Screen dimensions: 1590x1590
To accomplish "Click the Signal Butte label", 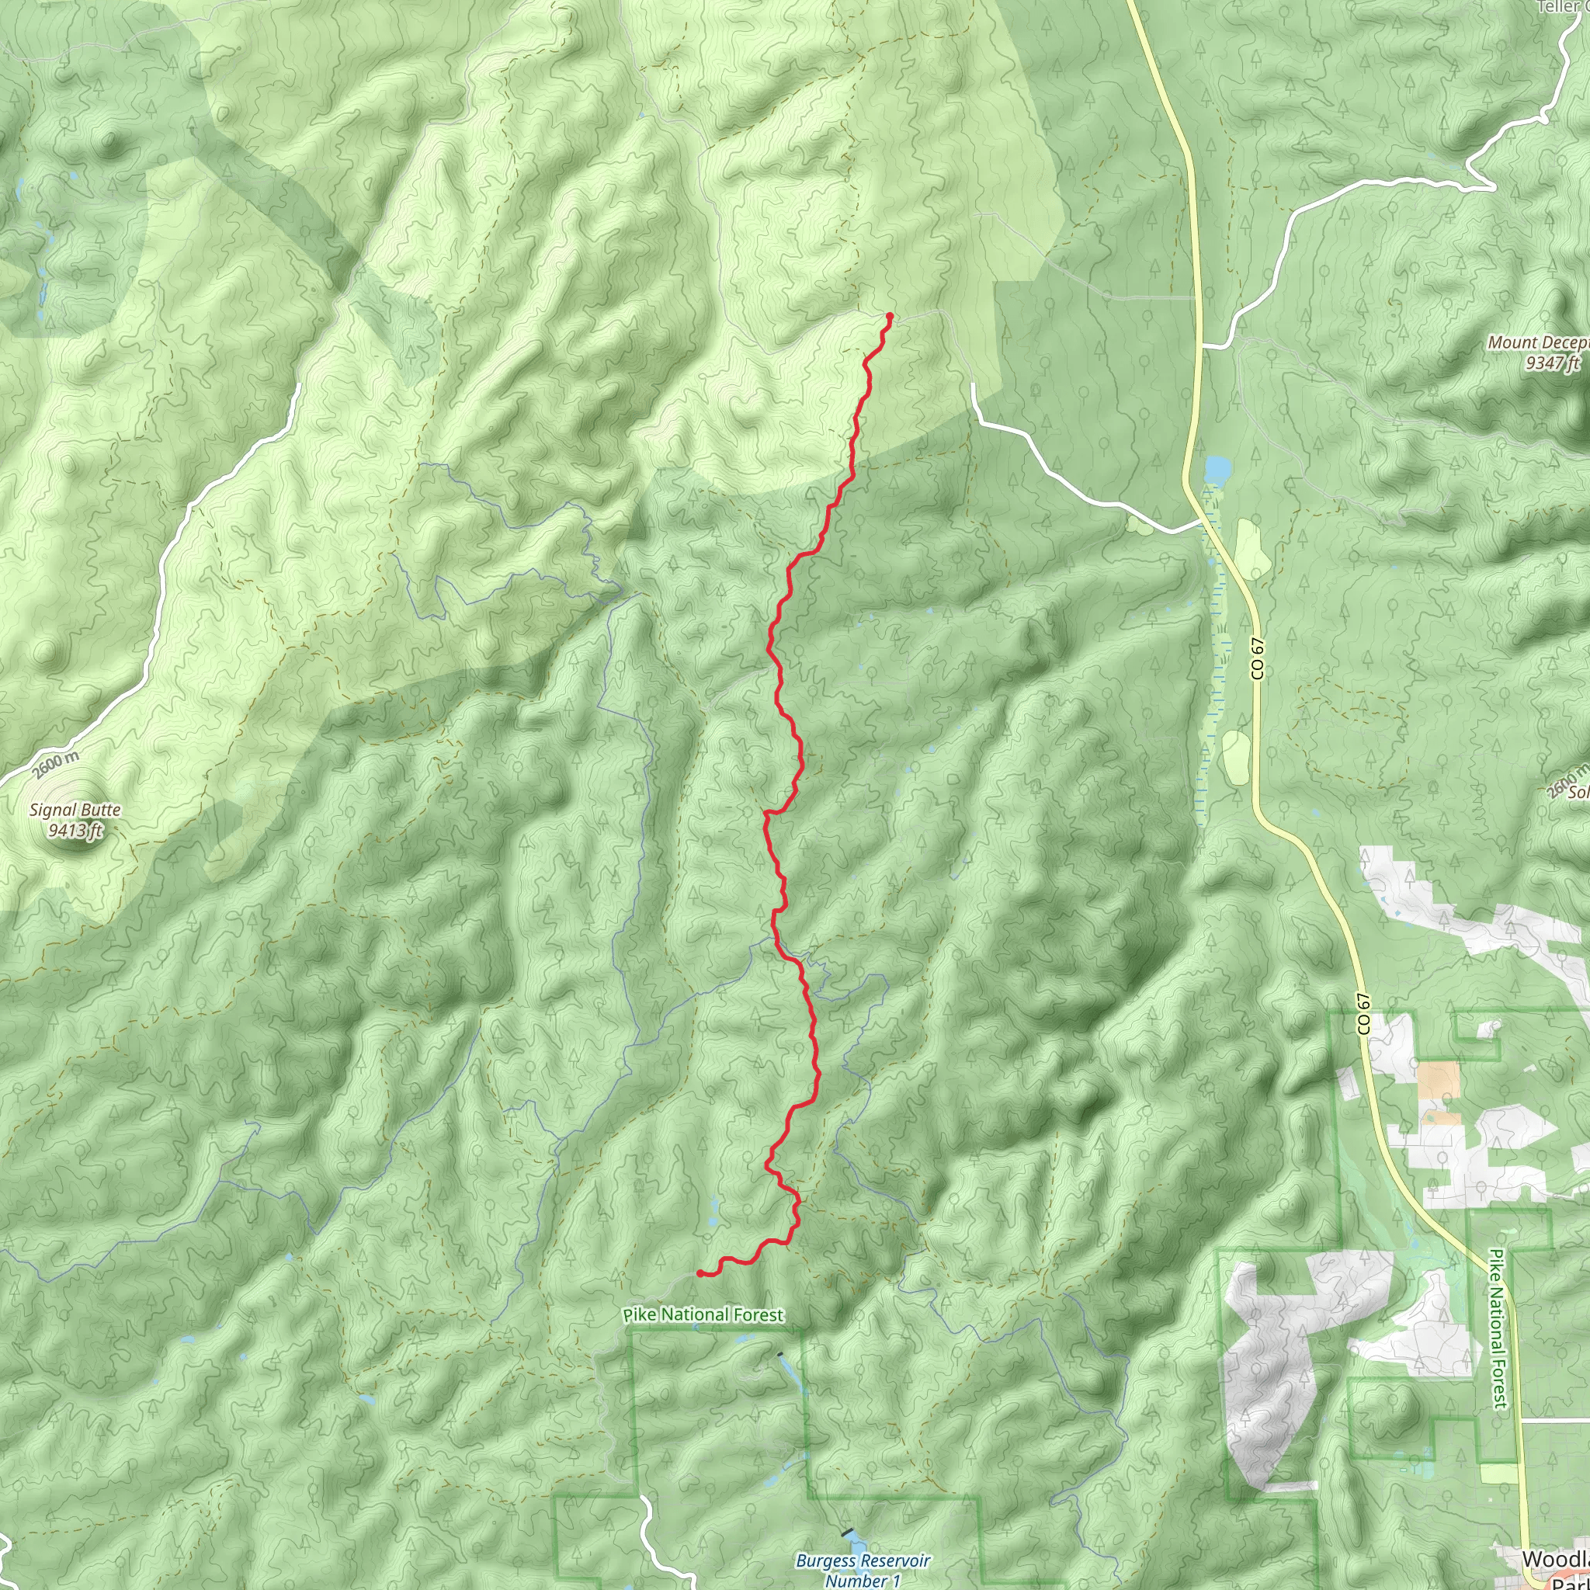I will pos(75,810).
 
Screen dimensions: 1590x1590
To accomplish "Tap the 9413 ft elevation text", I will pos(75,831).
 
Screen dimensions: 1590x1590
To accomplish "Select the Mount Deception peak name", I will pos(1537,342).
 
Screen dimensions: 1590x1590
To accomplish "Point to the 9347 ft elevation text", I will pos(1552,363).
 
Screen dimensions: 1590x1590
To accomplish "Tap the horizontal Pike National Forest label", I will pos(703,1315).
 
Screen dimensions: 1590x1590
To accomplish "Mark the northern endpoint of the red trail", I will pos(890,316).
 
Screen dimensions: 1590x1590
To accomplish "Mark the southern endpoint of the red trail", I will pos(700,1273).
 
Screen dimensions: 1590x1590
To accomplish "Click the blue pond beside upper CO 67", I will pos(1217,470).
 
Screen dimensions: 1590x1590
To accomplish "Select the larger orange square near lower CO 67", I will pos(1438,1080).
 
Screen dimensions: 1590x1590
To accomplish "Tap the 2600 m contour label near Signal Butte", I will pos(56,765).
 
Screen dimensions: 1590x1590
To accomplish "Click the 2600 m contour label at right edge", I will pos(1566,780).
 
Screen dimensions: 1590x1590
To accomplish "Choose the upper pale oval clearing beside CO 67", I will pos(1248,549).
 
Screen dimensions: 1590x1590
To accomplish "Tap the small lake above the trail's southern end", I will pos(712,1208).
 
